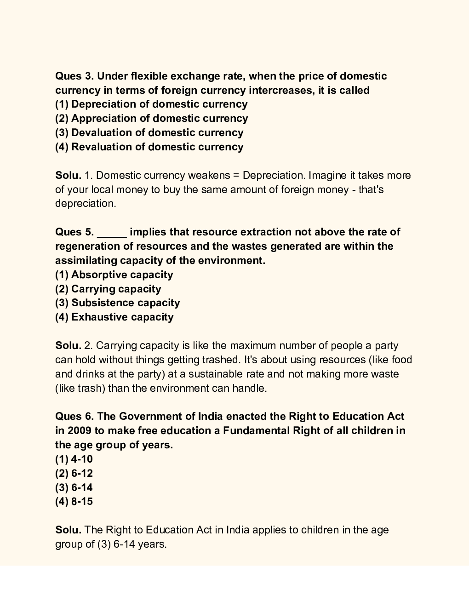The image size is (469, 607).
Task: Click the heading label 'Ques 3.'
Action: (x=74, y=76)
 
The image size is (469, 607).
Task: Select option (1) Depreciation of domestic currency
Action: (x=151, y=104)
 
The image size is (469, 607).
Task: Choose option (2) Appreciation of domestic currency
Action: (x=151, y=119)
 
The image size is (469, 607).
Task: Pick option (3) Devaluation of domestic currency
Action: (x=149, y=133)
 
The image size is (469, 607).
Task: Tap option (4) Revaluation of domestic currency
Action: (x=149, y=147)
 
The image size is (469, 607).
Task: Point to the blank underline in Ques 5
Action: (x=112, y=233)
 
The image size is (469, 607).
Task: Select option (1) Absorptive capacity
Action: (x=114, y=275)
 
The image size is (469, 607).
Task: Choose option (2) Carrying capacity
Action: (x=108, y=289)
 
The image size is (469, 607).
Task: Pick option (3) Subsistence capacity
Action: (x=117, y=303)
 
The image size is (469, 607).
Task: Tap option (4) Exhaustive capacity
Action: (x=114, y=317)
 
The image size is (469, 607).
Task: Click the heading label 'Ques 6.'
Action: (x=74, y=417)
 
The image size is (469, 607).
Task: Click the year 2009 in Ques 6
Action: (x=79, y=431)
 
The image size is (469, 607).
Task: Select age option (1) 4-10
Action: (x=74, y=459)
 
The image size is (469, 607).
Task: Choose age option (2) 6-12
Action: (x=74, y=474)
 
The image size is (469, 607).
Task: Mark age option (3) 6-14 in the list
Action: (x=74, y=487)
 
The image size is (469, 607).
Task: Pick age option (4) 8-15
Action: (x=74, y=502)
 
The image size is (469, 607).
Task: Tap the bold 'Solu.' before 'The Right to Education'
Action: (x=68, y=530)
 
